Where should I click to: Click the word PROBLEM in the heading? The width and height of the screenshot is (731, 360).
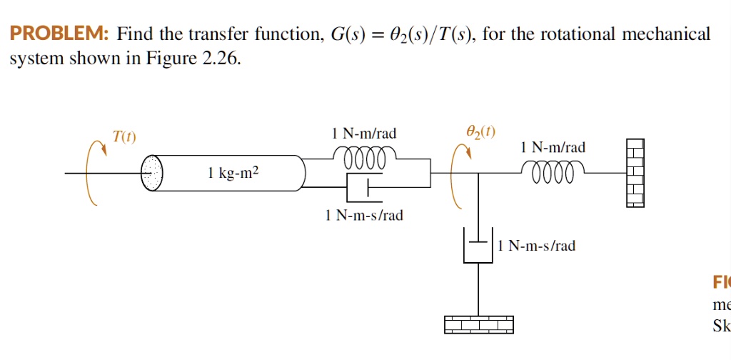click(x=56, y=34)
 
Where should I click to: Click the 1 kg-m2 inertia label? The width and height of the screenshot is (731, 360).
click(x=233, y=172)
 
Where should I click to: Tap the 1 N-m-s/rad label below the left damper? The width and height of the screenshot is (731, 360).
click(x=364, y=215)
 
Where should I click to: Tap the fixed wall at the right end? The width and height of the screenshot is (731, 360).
click(x=635, y=173)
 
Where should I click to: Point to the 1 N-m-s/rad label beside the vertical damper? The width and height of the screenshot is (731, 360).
click(x=537, y=246)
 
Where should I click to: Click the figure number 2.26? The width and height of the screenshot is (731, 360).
click(x=221, y=59)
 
